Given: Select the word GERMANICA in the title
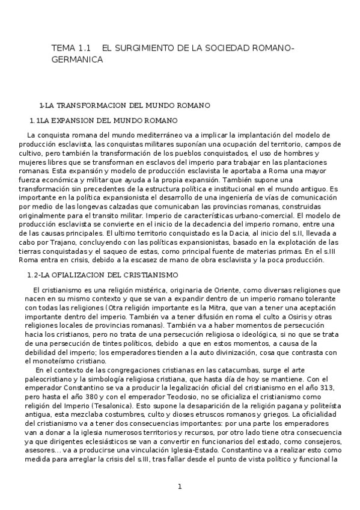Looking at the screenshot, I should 78,60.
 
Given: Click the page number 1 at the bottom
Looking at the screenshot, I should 180,487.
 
